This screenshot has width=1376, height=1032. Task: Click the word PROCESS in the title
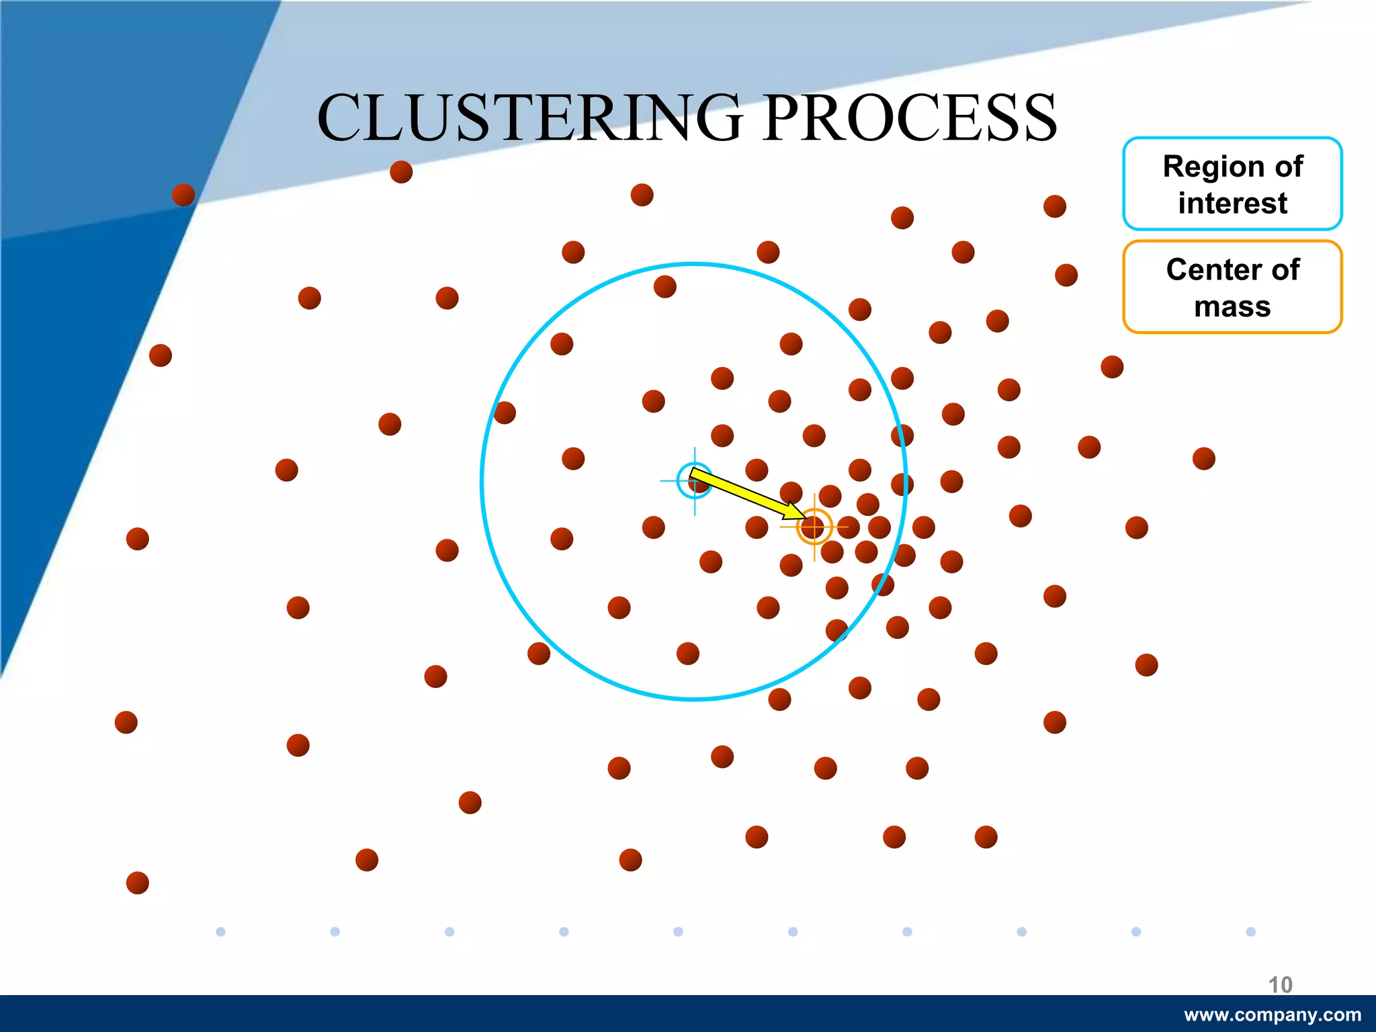pos(910,118)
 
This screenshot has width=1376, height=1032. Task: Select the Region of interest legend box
pos(1232,183)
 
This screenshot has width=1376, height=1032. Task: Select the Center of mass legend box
pos(1232,287)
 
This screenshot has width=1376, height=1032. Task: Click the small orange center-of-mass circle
pos(814,526)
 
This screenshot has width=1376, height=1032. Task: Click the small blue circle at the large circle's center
pos(694,480)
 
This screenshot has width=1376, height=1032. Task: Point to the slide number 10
pos(1280,984)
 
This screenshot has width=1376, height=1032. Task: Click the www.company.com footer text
pos(1272,1015)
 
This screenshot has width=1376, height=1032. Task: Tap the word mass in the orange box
pos(1232,306)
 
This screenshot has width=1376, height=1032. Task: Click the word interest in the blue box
pos(1232,203)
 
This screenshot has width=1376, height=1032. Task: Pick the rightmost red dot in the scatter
pos(1203,459)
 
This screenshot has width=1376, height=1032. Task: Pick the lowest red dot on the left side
pos(138,882)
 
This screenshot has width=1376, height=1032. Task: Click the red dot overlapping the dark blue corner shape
pos(183,195)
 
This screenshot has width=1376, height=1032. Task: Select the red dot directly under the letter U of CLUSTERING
pos(401,172)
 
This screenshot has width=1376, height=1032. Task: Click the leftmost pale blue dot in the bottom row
pos(220,931)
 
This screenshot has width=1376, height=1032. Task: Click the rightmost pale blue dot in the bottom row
pos(1250,931)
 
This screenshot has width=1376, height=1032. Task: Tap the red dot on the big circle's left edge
pos(504,413)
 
